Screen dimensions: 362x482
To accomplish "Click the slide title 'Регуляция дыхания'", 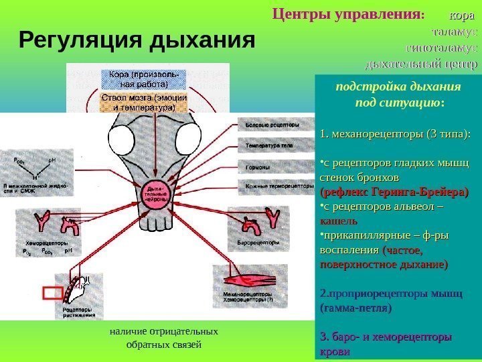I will pyautogui.click(x=138, y=41).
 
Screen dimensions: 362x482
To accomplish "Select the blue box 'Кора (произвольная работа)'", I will pyautogui.click(x=139, y=78).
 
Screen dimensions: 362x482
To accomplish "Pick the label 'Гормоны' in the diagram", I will pyautogui.click(x=258, y=167).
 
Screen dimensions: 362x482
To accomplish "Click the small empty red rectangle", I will pyautogui.click(x=52, y=293).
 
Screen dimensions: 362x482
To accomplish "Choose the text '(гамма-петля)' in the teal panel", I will pyautogui.click(x=355, y=308).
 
